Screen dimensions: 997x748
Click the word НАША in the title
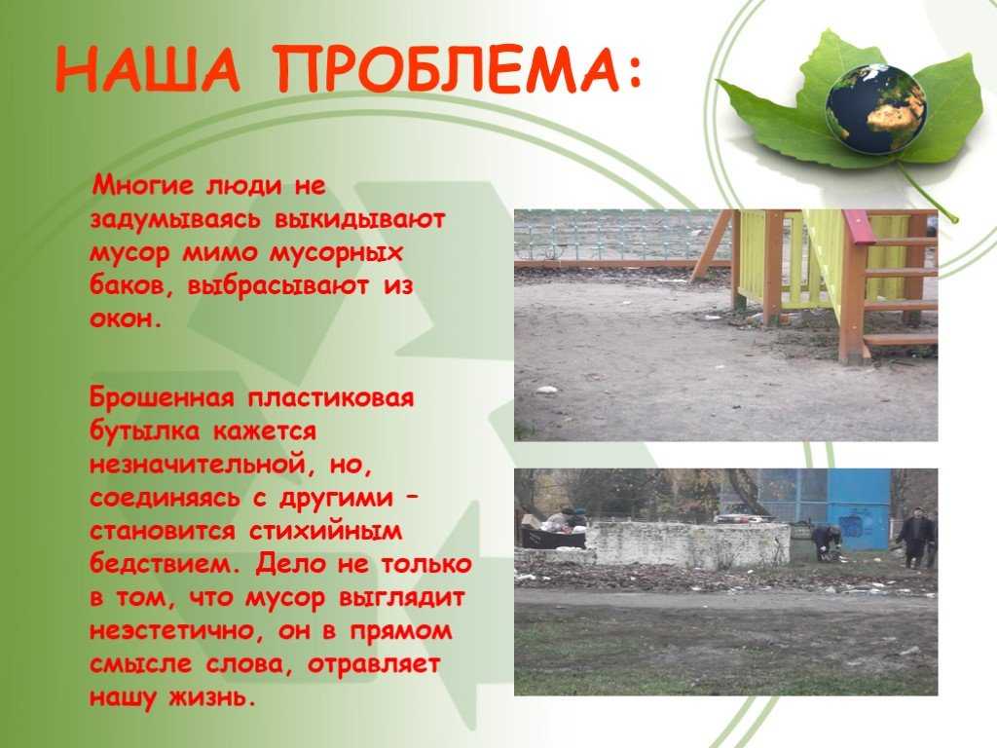click(149, 69)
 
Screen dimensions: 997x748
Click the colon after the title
click(633, 71)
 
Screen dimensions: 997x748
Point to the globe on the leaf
click(876, 109)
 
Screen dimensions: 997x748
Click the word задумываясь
click(175, 219)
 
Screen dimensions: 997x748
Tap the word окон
click(126, 318)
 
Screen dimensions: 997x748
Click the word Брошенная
click(162, 398)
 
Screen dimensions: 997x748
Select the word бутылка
click(144, 431)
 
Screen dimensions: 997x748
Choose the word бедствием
click(165, 564)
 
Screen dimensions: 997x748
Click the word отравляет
click(374, 664)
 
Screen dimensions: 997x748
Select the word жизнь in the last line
click(212, 697)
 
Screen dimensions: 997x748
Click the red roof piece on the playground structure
click(857, 226)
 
